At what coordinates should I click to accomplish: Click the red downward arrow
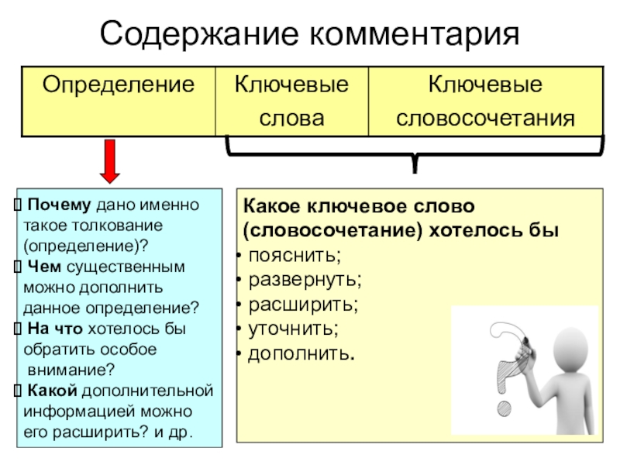(x=112, y=160)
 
